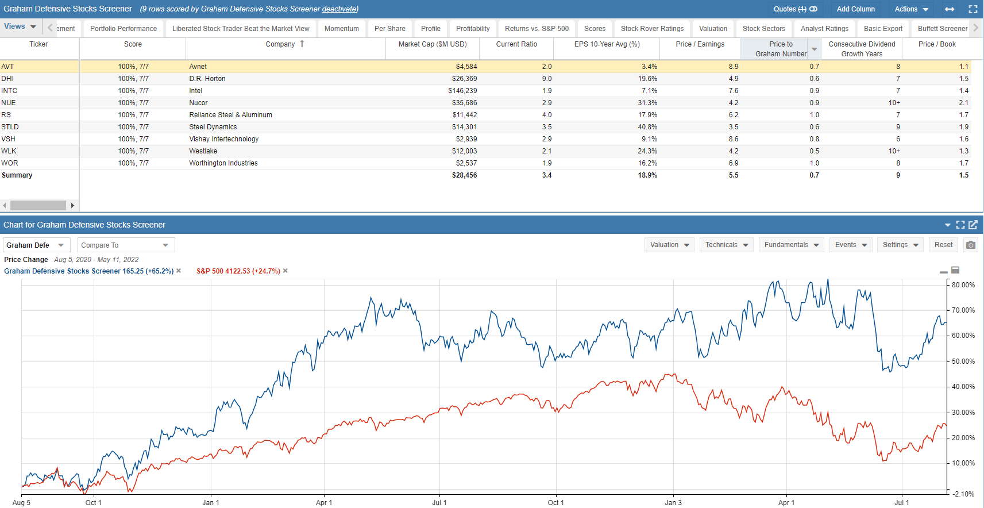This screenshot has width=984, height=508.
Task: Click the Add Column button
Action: pos(855,9)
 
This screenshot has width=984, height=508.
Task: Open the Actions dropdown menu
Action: pos(911,9)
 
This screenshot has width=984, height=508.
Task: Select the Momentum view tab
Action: pos(341,29)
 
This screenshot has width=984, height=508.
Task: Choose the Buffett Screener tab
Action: pos(942,29)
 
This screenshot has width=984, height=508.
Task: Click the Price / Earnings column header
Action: pos(700,44)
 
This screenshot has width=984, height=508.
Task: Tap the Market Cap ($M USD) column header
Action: pos(432,44)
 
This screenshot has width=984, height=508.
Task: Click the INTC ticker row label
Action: pos(9,91)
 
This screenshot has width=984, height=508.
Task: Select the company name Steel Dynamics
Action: pos(213,127)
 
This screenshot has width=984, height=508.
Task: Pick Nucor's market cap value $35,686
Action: pos(464,103)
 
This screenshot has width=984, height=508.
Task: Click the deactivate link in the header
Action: pos(339,9)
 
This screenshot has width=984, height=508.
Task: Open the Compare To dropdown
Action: pos(126,245)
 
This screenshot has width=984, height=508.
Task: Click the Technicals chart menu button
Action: pos(726,245)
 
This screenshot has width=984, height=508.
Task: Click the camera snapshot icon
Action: pos(970,245)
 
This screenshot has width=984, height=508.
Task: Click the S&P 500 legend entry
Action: pos(238,271)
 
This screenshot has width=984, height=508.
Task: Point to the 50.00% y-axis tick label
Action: pos(963,361)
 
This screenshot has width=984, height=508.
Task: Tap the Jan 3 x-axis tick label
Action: pos(673,503)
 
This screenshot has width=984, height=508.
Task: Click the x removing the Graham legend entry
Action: pos(179,271)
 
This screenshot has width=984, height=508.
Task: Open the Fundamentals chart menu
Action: pos(791,245)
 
